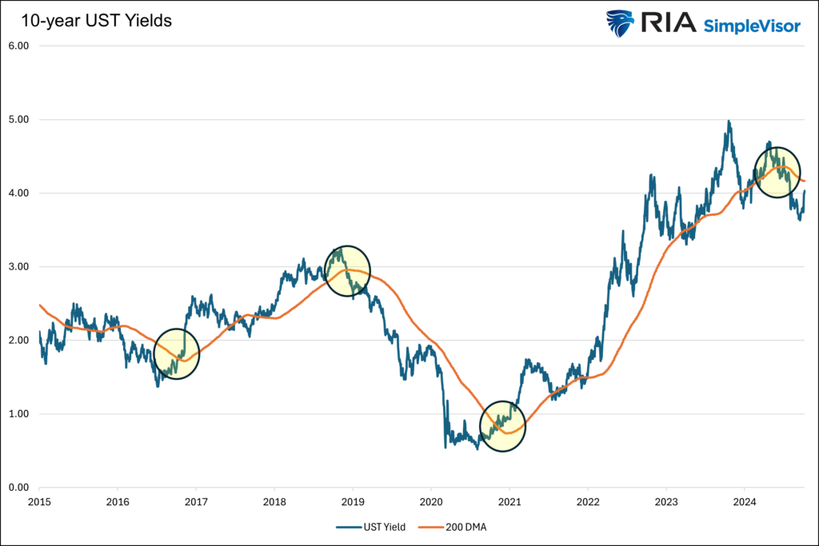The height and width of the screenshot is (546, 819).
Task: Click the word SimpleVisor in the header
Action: tap(753, 26)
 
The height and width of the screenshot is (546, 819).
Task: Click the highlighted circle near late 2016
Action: tap(176, 353)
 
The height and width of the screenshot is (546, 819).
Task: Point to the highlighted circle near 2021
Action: tap(503, 426)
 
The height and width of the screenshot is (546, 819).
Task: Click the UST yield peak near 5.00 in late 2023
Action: tap(729, 122)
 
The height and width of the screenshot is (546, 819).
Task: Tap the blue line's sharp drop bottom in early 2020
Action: tap(445, 446)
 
